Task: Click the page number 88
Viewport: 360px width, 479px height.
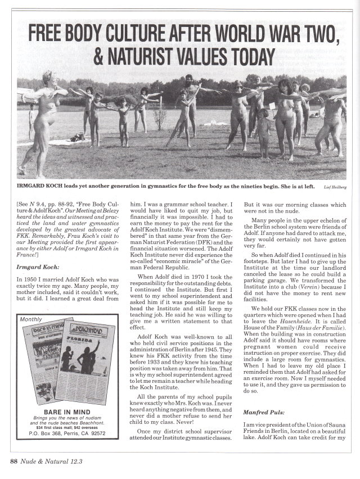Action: click(x=14, y=463)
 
